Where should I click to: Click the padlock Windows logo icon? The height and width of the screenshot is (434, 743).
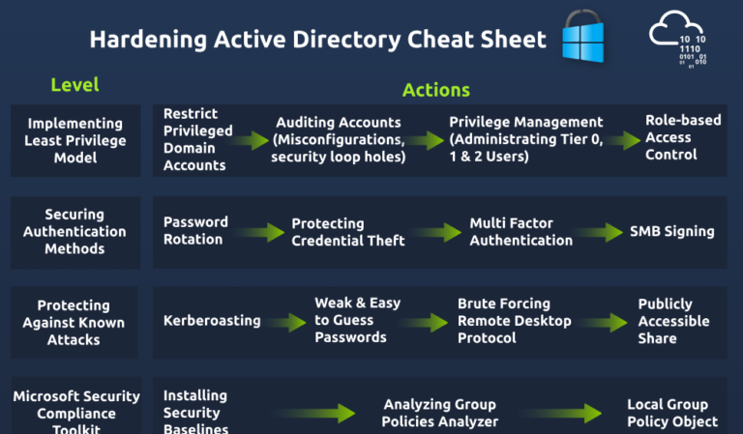tap(583, 40)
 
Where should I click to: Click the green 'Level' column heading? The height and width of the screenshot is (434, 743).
tap(74, 85)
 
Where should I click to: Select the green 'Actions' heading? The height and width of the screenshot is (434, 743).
tap(436, 90)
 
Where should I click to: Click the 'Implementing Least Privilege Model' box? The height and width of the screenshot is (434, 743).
tap(75, 140)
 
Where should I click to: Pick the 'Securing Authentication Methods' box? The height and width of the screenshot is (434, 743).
tap(74, 231)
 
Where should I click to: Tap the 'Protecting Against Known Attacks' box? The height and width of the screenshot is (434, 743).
tap(74, 322)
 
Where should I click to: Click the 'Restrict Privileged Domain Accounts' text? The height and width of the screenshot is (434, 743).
tap(195, 139)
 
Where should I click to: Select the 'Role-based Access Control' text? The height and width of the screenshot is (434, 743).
tap(670, 137)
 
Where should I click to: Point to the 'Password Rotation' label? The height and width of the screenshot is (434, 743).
tap(195, 230)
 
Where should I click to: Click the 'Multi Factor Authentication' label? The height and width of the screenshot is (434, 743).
tap(521, 231)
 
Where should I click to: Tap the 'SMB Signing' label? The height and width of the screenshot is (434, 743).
tap(671, 231)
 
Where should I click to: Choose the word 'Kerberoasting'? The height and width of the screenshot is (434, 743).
tap(211, 320)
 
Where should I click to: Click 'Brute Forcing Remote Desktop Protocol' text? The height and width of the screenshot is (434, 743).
tap(514, 320)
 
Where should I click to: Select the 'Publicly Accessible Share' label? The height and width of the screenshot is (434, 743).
tap(673, 321)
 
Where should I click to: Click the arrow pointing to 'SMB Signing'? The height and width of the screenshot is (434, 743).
tap(601, 232)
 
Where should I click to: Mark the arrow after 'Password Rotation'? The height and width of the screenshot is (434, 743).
tap(259, 232)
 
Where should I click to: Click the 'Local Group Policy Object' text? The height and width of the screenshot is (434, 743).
tap(672, 413)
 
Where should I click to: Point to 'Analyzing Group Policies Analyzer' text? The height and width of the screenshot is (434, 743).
tap(440, 413)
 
